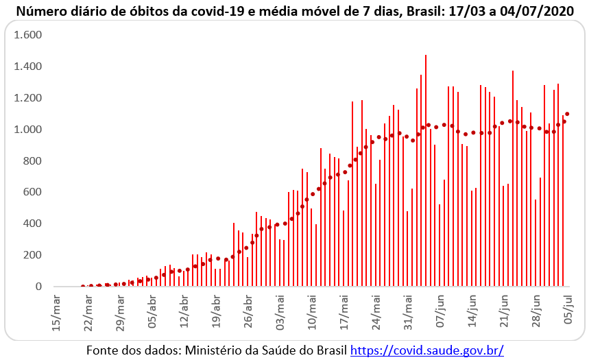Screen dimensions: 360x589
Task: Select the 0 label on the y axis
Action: (x=39, y=287)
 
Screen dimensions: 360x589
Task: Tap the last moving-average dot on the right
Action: (x=568, y=114)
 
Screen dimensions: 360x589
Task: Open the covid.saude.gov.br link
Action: (x=426, y=350)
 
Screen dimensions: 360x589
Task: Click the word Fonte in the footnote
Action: (x=102, y=350)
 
